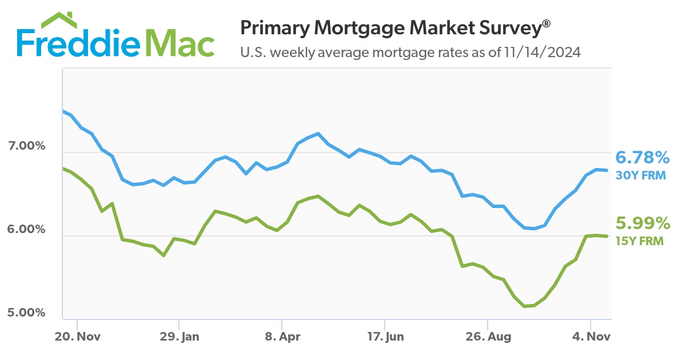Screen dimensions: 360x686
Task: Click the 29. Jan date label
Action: [180, 337]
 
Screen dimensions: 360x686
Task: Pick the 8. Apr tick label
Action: [282, 337]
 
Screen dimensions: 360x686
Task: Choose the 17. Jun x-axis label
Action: [385, 337]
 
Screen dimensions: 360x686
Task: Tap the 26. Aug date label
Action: [488, 337]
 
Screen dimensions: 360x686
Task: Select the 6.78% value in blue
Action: [642, 158]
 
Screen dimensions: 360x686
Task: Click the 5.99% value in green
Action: [642, 223]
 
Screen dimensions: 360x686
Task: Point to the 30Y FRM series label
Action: [640, 175]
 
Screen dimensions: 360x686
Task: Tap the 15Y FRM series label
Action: [640, 241]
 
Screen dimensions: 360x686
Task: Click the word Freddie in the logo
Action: [75, 42]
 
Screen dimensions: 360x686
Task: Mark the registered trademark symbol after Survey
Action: [547, 23]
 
